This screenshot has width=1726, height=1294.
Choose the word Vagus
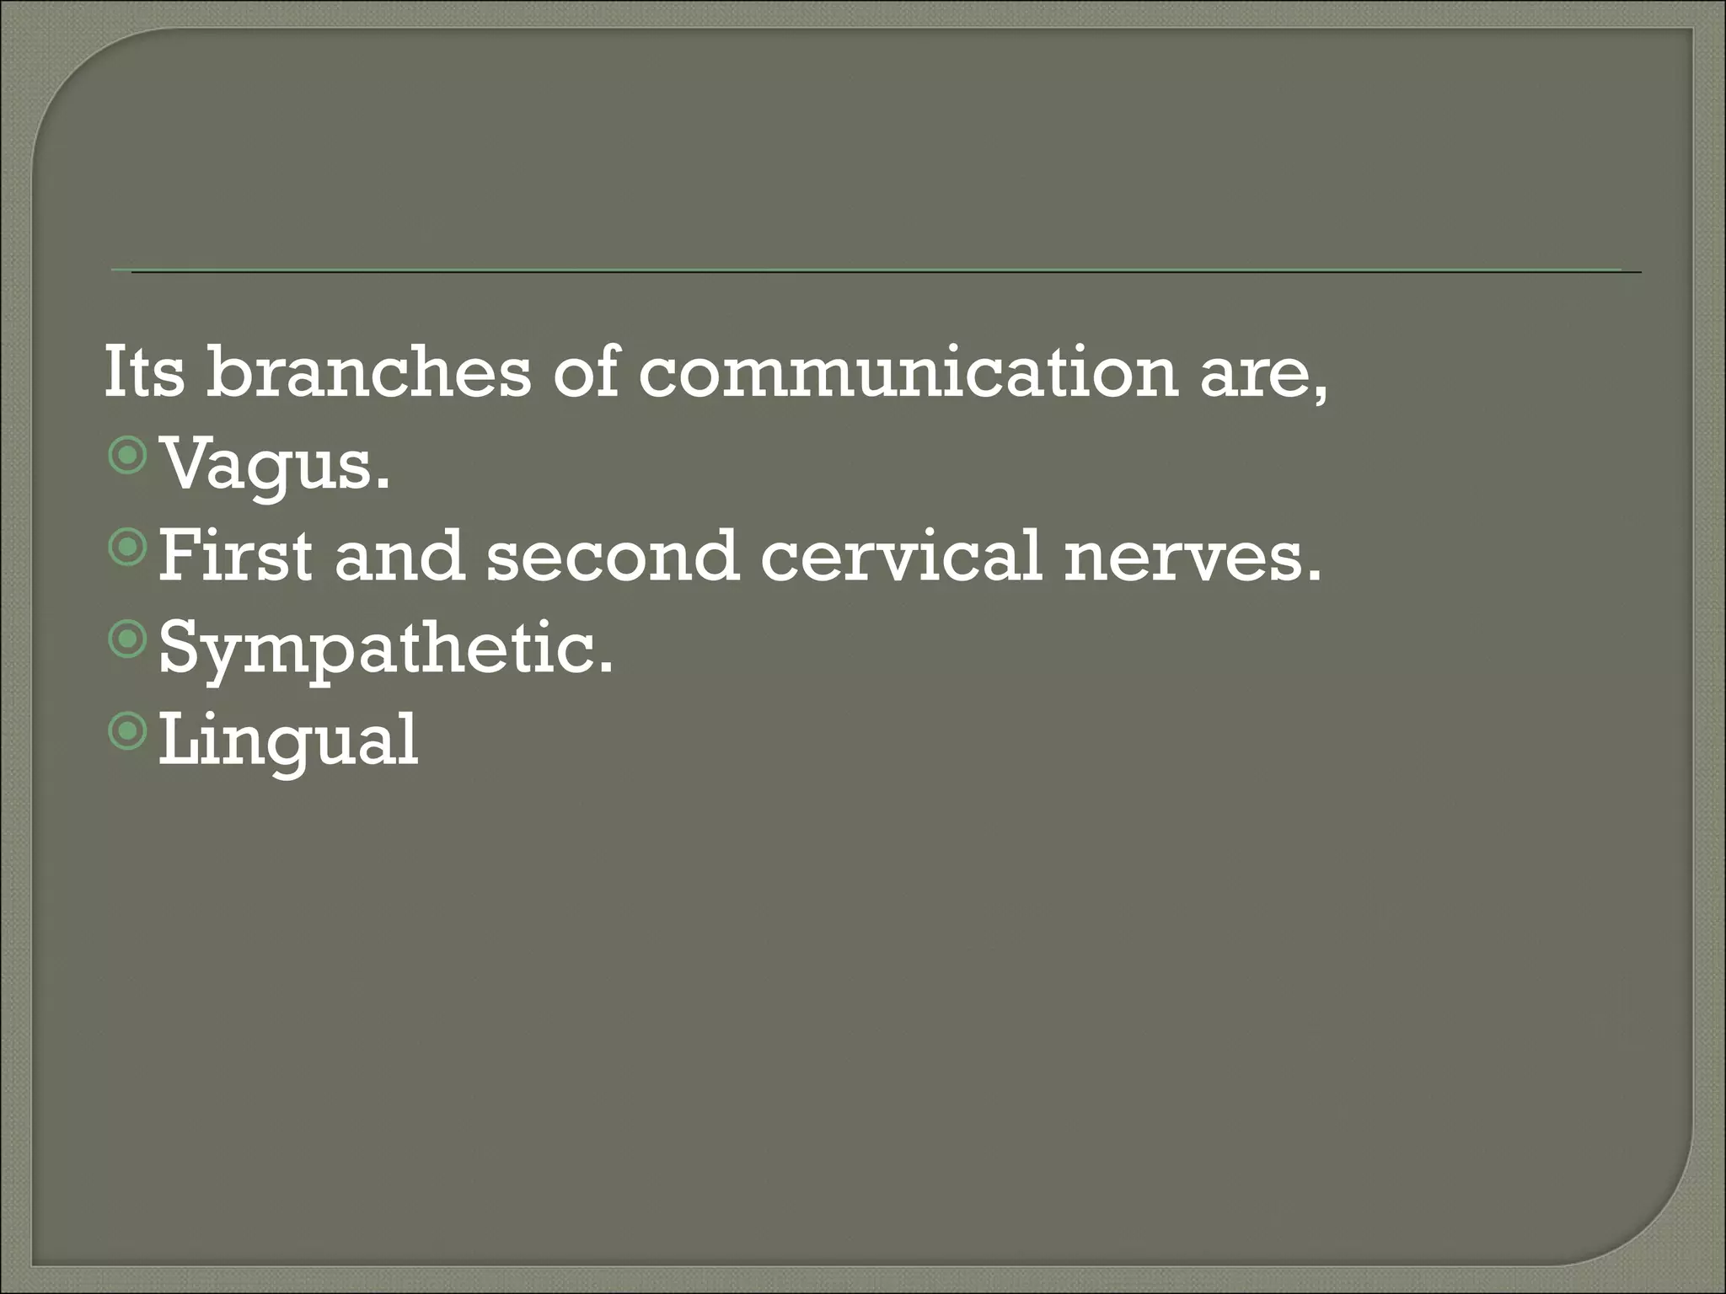(x=265, y=466)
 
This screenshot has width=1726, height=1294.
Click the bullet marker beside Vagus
(x=128, y=457)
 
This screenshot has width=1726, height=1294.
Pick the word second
(x=612, y=557)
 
